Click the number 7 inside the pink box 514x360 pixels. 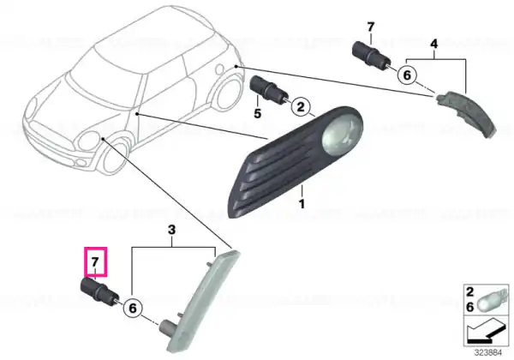95,262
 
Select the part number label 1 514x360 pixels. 302,204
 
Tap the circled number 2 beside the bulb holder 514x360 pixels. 301,106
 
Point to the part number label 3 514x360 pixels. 172,230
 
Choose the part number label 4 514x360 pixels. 433,44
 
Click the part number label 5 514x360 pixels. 258,113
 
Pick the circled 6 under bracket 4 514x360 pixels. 407,75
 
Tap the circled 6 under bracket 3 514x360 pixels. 133,309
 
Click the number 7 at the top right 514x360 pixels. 370,27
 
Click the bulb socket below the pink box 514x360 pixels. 99,291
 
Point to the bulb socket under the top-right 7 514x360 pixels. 370,56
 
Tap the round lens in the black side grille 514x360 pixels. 342,135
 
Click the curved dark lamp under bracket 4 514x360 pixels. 467,112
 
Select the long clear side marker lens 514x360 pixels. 200,301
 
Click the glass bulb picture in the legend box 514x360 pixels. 490,302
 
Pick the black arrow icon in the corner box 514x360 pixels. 486,332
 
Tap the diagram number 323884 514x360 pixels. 488,353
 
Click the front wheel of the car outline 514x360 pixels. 115,159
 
